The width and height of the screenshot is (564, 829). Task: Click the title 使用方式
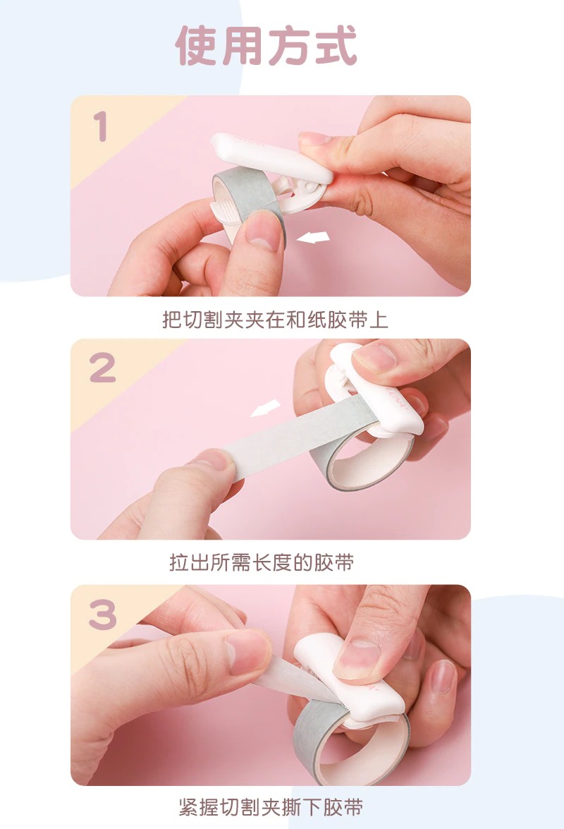click(x=266, y=46)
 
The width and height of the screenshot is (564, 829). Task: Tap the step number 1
click(x=100, y=126)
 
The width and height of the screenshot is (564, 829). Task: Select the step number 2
click(x=102, y=368)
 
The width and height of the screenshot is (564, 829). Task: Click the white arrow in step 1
click(x=313, y=237)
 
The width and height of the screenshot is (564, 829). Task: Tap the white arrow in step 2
click(x=265, y=409)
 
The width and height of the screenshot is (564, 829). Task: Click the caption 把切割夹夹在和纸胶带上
click(x=275, y=320)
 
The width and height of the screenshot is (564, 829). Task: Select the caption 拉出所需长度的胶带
click(x=262, y=562)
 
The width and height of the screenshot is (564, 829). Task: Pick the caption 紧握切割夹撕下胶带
click(x=271, y=807)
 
